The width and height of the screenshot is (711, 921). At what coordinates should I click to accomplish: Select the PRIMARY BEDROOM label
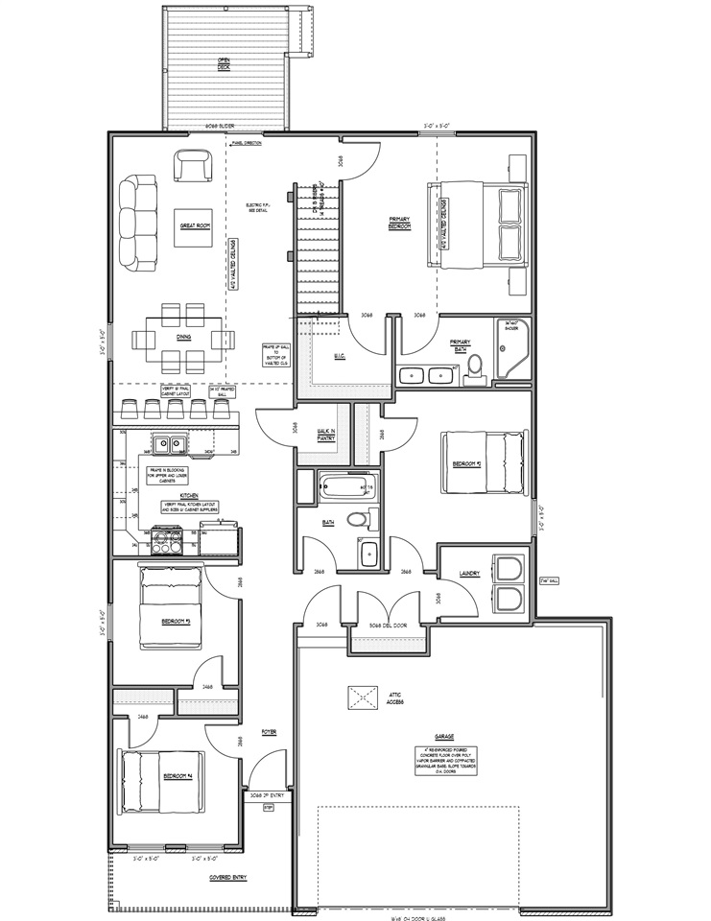(x=400, y=224)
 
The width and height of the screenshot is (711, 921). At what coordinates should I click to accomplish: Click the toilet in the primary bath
(x=475, y=375)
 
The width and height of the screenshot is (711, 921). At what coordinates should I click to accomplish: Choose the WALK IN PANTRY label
(x=325, y=435)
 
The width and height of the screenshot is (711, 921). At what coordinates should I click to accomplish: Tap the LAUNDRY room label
(x=469, y=574)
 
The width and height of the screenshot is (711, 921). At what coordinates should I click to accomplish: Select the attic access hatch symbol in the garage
(x=362, y=697)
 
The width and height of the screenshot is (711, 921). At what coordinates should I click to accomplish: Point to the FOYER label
(x=269, y=732)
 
